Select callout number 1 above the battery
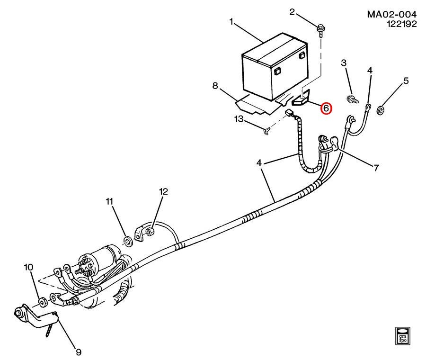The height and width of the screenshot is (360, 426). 231,21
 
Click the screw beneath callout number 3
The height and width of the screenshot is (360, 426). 352,99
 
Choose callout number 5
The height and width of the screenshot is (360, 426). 406,81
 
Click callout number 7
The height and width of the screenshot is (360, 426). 376,168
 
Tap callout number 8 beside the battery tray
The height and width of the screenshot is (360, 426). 215,86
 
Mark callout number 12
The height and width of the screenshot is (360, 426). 163,192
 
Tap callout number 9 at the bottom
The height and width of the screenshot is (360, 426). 79,352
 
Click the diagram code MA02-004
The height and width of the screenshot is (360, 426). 391,14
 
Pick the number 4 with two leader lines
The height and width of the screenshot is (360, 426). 259,162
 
